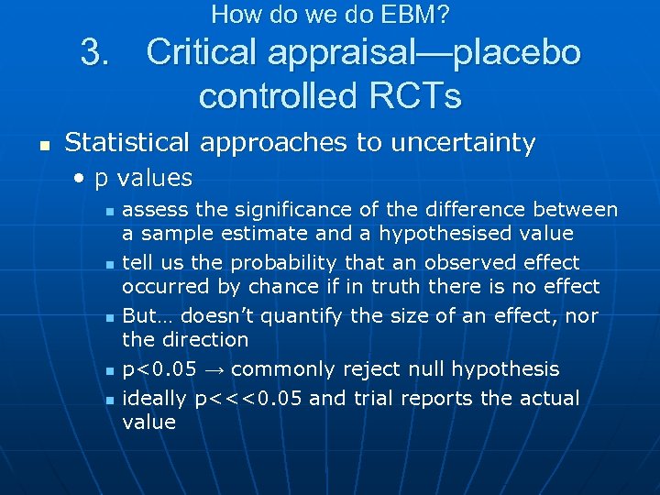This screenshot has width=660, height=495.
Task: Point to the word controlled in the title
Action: point(280,95)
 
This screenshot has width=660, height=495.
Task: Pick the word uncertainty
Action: point(463,142)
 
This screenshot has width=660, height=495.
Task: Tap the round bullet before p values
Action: point(81,178)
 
